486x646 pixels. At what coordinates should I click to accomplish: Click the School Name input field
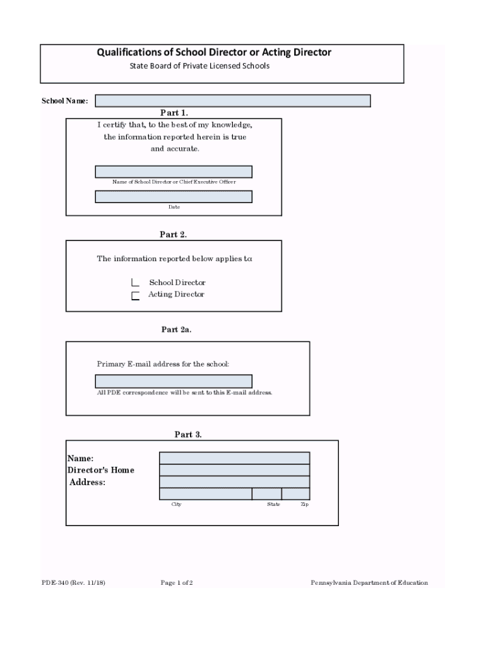coord(232,101)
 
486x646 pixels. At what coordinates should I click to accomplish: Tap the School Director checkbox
coord(135,283)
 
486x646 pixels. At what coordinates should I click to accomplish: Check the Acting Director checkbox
coord(135,295)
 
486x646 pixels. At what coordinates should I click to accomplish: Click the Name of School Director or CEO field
coord(174,172)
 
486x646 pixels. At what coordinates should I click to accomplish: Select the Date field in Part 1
coord(174,197)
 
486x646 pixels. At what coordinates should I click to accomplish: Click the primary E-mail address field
coord(174,381)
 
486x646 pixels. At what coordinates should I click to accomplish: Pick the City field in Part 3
coord(206,493)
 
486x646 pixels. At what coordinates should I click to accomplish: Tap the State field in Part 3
coord(267,493)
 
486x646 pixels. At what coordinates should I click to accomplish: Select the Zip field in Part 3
coord(295,493)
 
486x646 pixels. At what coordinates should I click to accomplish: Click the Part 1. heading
coord(174,113)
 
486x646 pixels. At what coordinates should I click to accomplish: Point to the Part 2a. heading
coord(177,329)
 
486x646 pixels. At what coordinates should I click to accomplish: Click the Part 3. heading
coord(188,435)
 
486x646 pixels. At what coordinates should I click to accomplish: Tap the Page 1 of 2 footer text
coord(177,583)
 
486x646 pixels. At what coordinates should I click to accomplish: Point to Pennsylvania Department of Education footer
coord(369,583)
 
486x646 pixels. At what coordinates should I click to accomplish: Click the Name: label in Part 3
coord(80,458)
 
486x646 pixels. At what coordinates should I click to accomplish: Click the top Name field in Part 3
coord(234,457)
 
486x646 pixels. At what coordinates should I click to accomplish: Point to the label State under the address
coord(273,505)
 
